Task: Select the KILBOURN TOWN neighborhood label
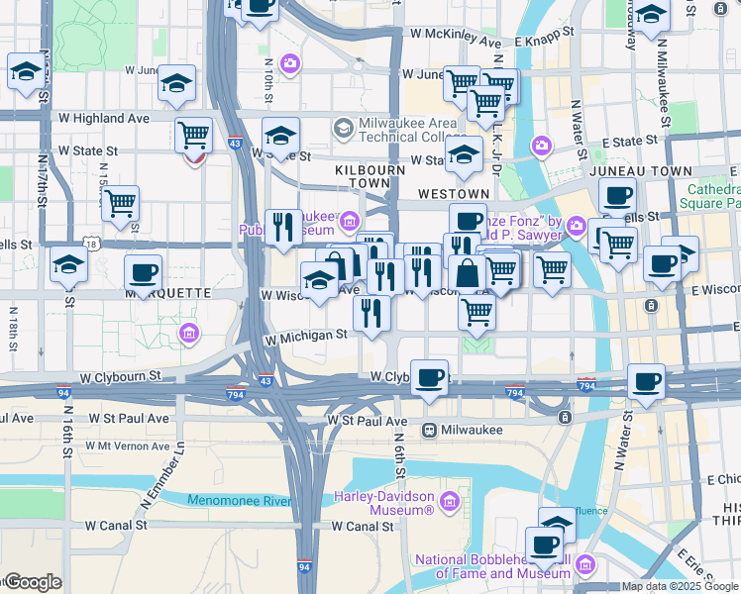[370, 177]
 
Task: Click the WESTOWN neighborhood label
[454, 193]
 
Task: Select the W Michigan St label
[305, 336]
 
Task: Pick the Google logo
[32, 582]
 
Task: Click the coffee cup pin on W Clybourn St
[429, 377]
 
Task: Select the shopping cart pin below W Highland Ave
[194, 134]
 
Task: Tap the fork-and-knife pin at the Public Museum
[283, 228]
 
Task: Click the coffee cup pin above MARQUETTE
[144, 272]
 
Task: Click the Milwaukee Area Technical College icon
[343, 127]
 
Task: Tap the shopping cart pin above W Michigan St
[477, 312]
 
